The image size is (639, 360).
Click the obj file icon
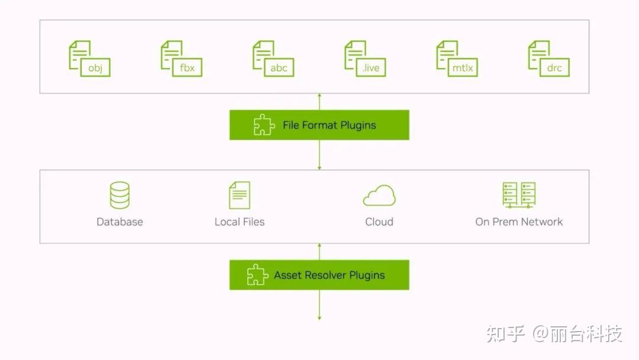tap(89, 58)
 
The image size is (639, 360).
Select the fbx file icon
tap(182, 58)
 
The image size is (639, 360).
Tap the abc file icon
tap(273, 58)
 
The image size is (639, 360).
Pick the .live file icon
tap(365, 58)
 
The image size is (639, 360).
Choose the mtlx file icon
tap(457, 58)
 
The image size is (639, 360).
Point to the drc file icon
tap(549, 58)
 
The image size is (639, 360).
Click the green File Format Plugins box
tap(319, 125)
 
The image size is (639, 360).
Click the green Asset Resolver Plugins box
tap(319, 275)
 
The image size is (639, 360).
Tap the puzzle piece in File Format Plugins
tap(264, 124)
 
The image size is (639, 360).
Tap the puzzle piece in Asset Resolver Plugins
tap(257, 274)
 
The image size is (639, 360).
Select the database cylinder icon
tap(120, 195)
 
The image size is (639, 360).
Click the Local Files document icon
tap(240, 195)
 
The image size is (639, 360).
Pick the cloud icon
tap(379, 195)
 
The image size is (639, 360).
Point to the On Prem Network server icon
tap(519, 195)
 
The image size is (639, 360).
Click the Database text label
tap(120, 222)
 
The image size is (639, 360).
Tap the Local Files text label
tap(240, 222)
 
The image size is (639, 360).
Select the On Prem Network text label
tap(519, 222)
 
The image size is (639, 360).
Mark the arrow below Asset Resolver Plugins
tap(319, 305)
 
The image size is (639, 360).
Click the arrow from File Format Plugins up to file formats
tap(319, 101)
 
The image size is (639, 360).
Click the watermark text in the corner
tap(554, 333)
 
